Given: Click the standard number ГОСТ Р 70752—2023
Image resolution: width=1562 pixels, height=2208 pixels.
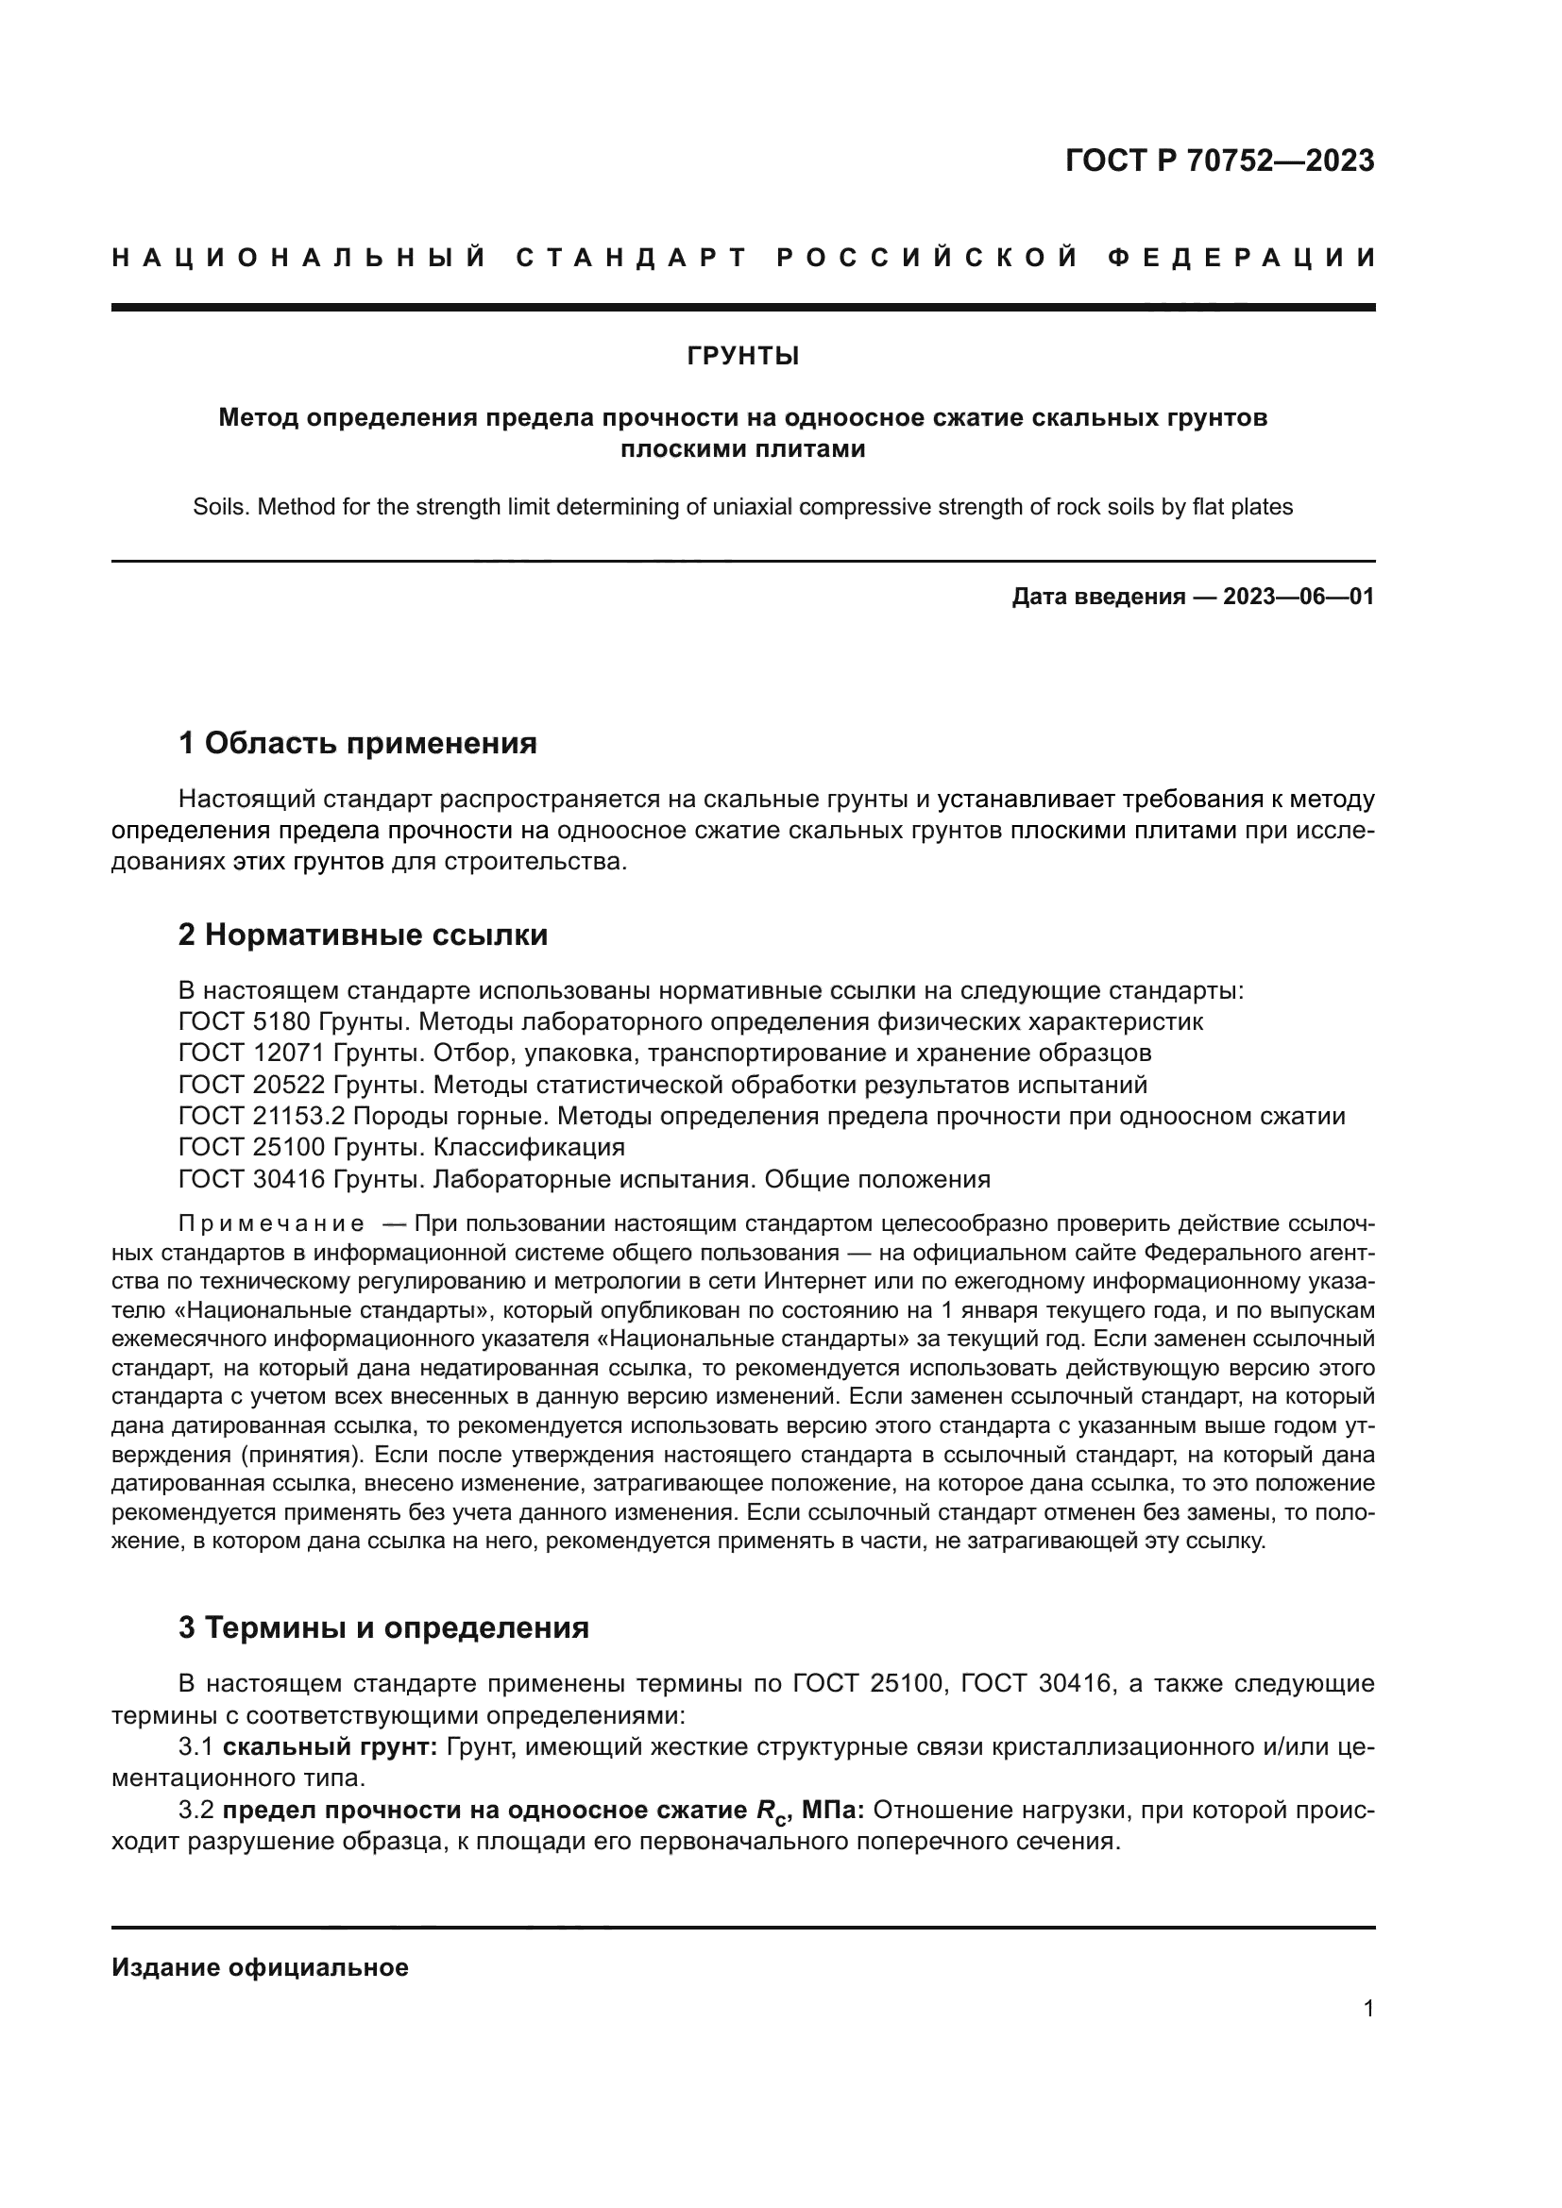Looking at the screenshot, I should pos(1219,160).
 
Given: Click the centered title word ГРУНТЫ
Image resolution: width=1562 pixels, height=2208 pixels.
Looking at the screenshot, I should pos(742,357).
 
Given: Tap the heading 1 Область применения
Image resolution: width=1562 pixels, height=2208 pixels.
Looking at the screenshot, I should pos(357,743).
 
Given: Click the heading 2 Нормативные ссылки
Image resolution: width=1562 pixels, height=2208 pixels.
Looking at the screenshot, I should pos(363,935).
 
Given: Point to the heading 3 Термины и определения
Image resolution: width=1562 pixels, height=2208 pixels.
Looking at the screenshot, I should pos(382,1628).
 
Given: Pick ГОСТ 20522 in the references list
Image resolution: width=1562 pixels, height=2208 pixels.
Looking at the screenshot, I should pos(251,1085).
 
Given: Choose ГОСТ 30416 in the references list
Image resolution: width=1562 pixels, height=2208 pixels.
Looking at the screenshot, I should pos(251,1179).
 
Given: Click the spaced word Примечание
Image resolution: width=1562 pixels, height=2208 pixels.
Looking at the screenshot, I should pos(271,1224).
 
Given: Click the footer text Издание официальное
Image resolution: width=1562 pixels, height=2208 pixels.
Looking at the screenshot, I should pos(260,1967).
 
